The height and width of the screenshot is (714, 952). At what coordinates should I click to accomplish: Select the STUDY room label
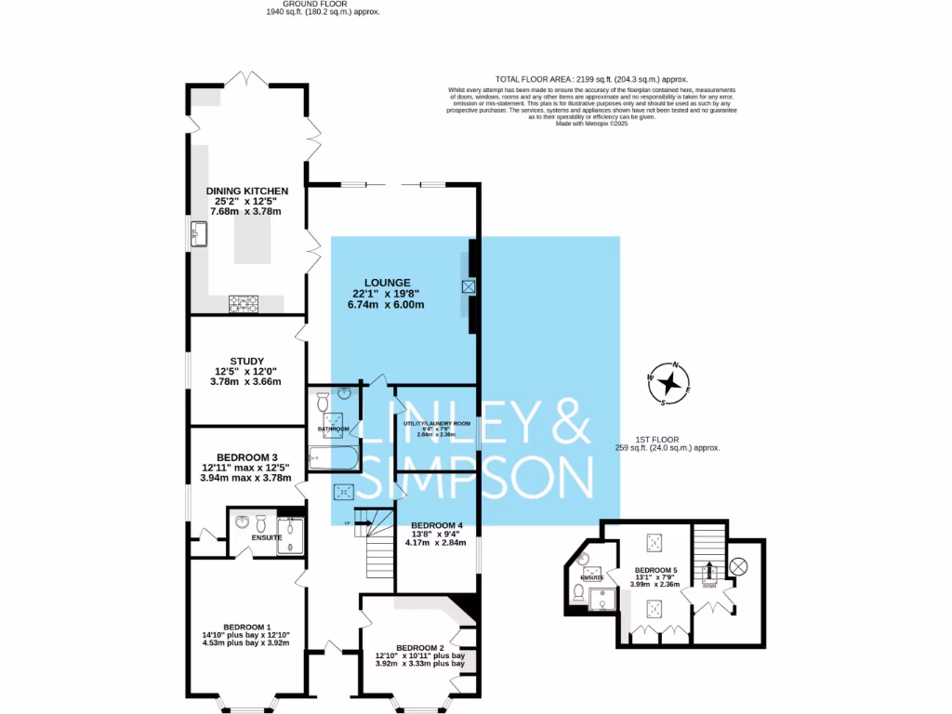tap(246, 362)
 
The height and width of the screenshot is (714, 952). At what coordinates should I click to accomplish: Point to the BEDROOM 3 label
tap(246, 456)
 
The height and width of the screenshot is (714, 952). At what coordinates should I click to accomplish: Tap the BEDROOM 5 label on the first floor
tap(656, 570)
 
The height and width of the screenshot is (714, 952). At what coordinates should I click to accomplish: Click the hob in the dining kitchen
tap(244, 303)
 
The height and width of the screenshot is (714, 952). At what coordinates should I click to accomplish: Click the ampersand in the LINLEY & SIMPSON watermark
tap(570, 423)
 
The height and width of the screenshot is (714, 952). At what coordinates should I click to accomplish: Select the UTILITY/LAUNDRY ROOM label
tap(436, 423)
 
